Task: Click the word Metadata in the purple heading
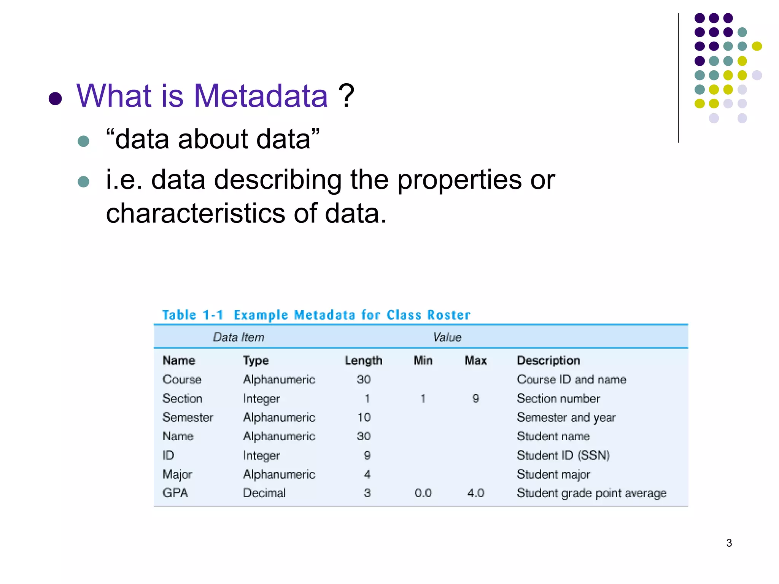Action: (261, 96)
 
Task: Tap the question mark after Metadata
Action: (346, 96)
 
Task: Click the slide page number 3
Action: (729, 543)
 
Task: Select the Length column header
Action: (363, 360)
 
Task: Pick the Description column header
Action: (548, 360)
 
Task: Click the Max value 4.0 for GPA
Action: (475, 493)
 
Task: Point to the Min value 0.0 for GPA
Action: (423, 493)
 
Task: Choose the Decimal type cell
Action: (264, 493)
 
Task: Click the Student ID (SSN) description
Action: (563, 455)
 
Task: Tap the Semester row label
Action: (188, 417)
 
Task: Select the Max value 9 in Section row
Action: (475, 398)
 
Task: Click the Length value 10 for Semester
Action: (364, 417)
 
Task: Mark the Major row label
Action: (177, 474)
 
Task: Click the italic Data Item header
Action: (238, 337)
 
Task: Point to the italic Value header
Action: (447, 337)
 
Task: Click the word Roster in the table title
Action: (449, 315)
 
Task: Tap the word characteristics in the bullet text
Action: (195, 213)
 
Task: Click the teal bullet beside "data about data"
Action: (83, 141)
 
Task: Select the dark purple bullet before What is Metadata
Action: (56, 98)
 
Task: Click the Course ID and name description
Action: (571, 379)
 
